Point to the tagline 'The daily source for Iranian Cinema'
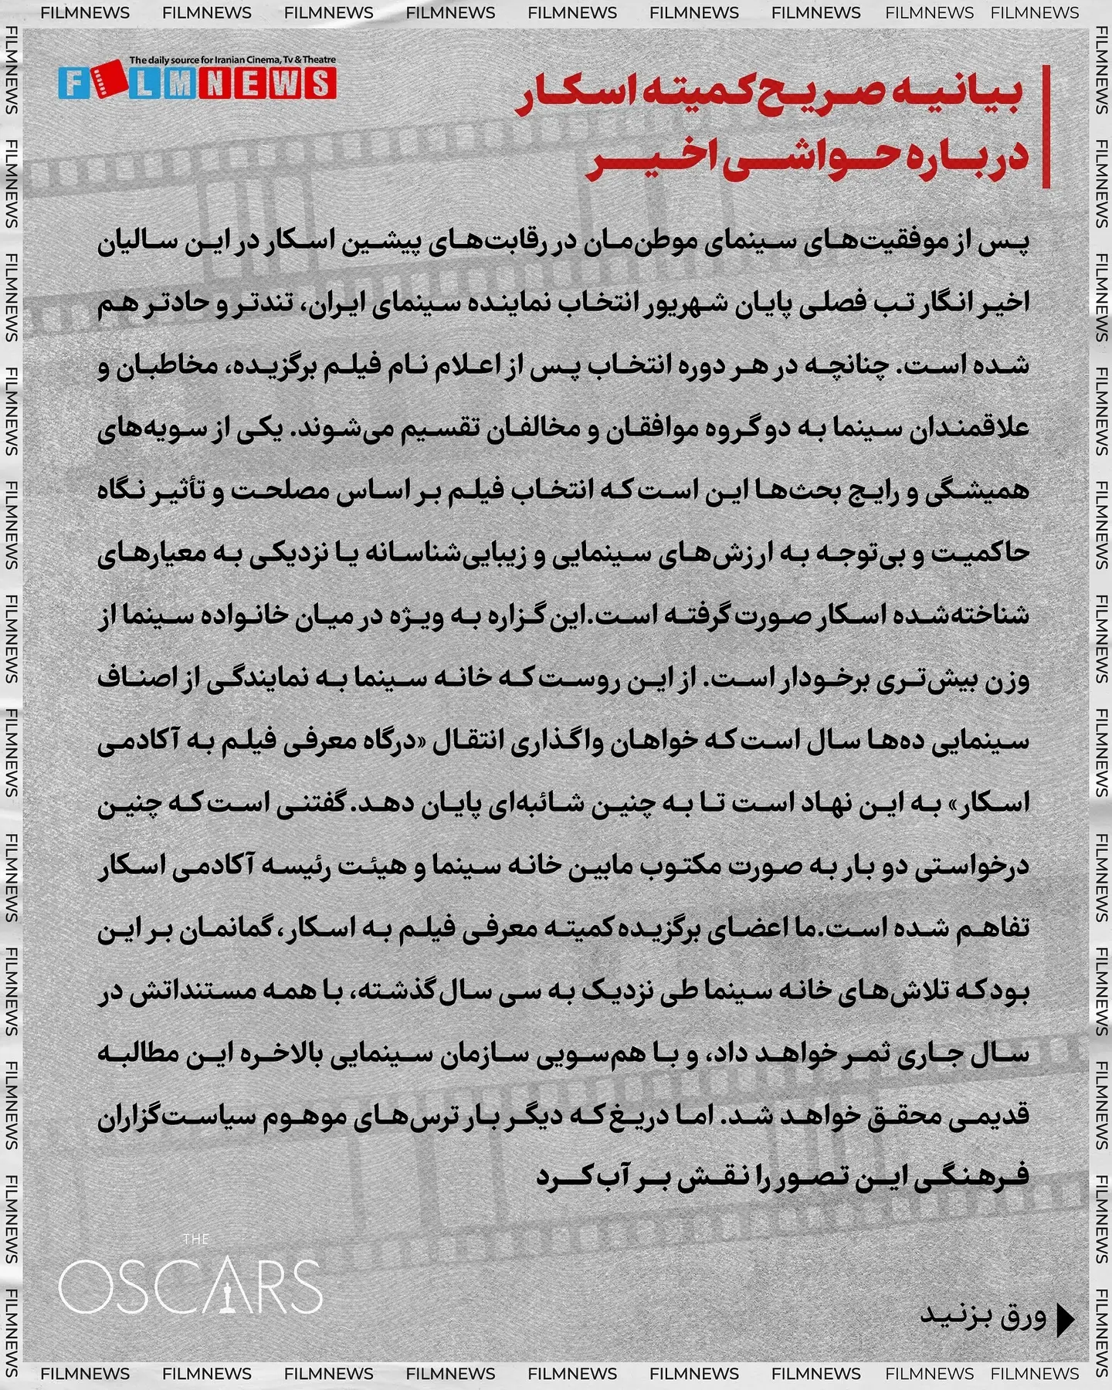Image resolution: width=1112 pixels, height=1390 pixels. pyautogui.click(x=232, y=59)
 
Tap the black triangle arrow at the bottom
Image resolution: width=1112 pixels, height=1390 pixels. pyautogui.click(x=1065, y=1320)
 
